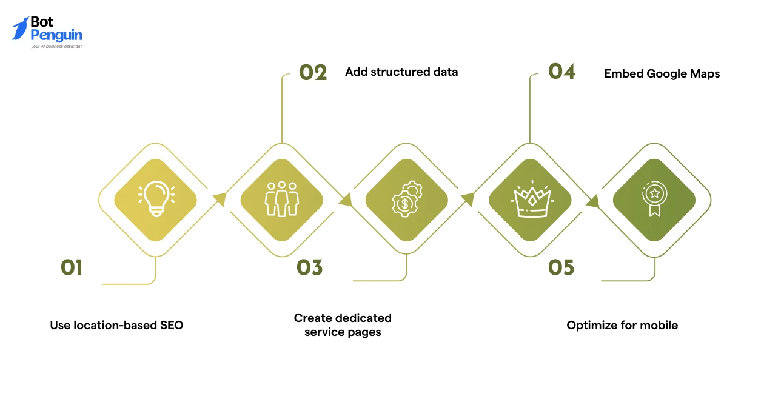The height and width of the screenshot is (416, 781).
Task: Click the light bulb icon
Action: coord(156,199)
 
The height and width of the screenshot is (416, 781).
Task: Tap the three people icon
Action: coord(282,199)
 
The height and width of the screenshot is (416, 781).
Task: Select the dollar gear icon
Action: coord(407,199)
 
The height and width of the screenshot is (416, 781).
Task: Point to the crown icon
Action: coord(532,199)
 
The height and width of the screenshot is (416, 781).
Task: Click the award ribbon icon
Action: coord(654,199)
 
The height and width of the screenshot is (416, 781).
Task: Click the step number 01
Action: coord(72,267)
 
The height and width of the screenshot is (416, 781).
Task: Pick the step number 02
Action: coord(313,73)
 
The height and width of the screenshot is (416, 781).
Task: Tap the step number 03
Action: coord(310,267)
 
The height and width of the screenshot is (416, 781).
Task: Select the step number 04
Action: coord(561,71)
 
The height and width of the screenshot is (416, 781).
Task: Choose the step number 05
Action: coord(561,267)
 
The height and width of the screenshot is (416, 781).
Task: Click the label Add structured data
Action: coord(401,72)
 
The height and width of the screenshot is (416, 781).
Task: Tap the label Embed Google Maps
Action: coord(662,74)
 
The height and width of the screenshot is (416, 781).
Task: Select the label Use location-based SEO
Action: coord(116,325)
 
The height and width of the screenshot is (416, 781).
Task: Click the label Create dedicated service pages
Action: coord(343,325)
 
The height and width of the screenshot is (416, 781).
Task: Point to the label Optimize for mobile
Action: coord(622,325)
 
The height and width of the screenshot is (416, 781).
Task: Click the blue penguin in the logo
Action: coord(20,29)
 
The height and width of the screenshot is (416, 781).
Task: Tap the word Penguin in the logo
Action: coord(56,36)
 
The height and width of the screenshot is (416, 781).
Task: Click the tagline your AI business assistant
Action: coord(56,46)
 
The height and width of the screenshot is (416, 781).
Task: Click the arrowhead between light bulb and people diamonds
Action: coord(220,199)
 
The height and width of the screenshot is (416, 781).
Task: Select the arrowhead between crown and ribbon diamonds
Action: coord(593,201)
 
